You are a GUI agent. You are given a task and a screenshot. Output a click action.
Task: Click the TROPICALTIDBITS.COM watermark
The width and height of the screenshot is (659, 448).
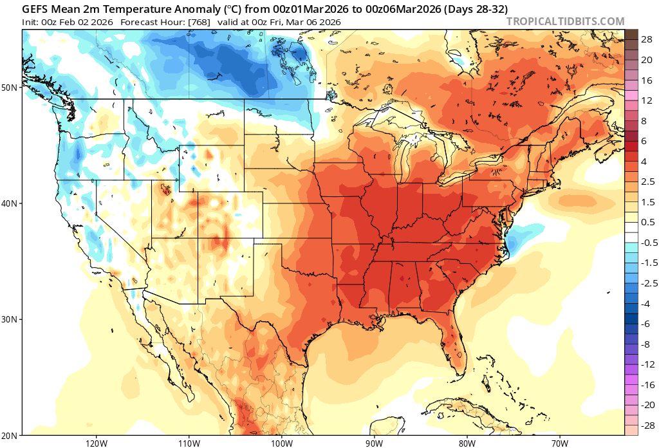565,21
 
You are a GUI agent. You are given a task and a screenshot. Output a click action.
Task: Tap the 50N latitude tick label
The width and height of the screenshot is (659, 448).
10,87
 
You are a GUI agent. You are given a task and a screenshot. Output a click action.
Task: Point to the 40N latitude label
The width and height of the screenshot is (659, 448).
10,203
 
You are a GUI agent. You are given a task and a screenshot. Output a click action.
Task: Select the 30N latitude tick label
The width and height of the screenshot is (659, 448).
10,319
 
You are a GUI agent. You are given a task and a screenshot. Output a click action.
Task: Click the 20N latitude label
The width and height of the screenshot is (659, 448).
10,435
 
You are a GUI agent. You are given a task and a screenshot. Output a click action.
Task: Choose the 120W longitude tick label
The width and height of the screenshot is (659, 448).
95,443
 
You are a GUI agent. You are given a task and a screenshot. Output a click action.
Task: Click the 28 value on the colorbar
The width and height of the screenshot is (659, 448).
647,39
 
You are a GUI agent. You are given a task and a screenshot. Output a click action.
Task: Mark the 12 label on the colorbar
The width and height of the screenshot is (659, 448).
647,100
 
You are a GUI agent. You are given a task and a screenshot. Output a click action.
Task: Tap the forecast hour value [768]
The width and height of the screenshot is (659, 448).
206,22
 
